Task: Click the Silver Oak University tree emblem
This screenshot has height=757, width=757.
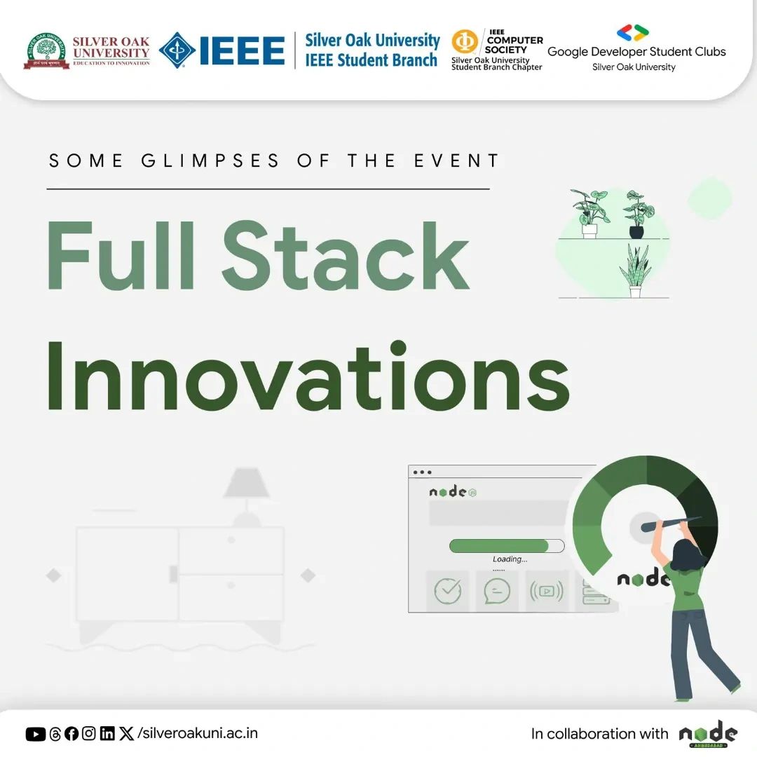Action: (46, 51)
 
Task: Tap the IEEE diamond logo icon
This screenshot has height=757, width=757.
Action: (177, 51)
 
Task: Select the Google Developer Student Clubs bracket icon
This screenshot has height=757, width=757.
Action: (633, 32)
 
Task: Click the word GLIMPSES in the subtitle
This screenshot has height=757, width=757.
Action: (210, 161)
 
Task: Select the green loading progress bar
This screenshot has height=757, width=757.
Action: (499, 546)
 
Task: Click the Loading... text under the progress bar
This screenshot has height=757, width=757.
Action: (510, 559)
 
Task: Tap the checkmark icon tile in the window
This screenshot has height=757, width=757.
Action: (448, 591)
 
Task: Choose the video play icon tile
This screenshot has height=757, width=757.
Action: (547, 591)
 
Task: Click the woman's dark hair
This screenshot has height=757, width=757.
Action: (684, 554)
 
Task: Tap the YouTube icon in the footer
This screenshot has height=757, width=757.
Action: (36, 734)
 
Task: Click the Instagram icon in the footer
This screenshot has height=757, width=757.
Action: (89, 734)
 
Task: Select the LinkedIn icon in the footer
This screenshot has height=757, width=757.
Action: (107, 734)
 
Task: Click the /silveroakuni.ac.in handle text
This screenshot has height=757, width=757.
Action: (198, 734)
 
